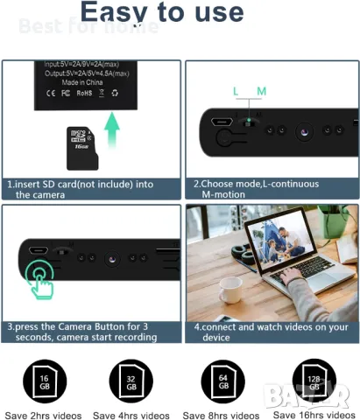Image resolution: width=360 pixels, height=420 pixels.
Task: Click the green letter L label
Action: [235, 91]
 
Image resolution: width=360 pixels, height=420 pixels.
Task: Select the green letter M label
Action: [261, 91]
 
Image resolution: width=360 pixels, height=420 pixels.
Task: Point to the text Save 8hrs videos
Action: [222, 415]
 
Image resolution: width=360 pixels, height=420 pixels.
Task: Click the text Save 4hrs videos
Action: [131, 415]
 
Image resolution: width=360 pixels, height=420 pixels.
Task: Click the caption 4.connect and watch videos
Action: [270, 332]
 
